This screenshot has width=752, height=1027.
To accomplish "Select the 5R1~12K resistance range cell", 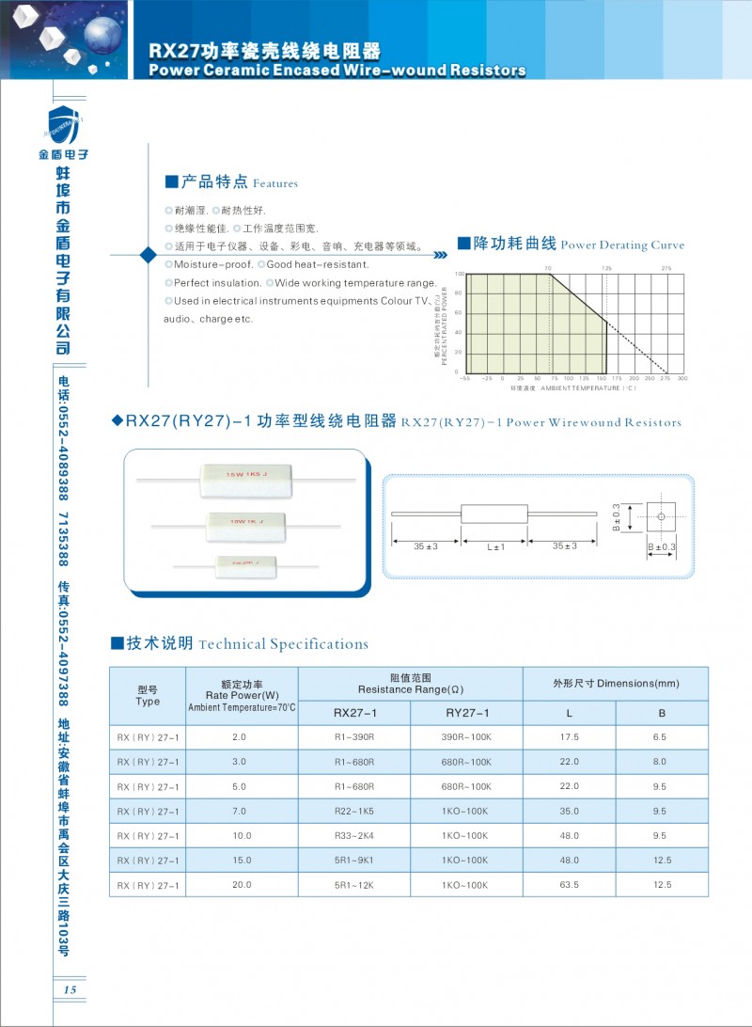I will (x=354, y=885).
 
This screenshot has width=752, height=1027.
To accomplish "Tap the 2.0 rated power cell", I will (x=239, y=737).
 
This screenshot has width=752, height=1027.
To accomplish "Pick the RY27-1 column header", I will (x=467, y=713).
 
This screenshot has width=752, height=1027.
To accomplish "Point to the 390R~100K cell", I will (x=466, y=737).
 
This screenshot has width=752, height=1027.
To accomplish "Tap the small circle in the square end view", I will (x=661, y=517).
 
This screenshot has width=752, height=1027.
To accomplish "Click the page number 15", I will (x=70, y=989).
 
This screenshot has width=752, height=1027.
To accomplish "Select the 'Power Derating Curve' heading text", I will (x=622, y=245).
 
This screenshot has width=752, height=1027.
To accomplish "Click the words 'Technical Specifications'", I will (x=284, y=644).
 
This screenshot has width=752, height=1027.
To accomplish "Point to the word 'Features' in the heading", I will (x=275, y=183).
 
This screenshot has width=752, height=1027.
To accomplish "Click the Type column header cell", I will (x=148, y=696).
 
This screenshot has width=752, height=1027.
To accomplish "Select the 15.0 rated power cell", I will (x=239, y=861).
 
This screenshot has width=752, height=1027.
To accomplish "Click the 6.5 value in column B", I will (x=660, y=737).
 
